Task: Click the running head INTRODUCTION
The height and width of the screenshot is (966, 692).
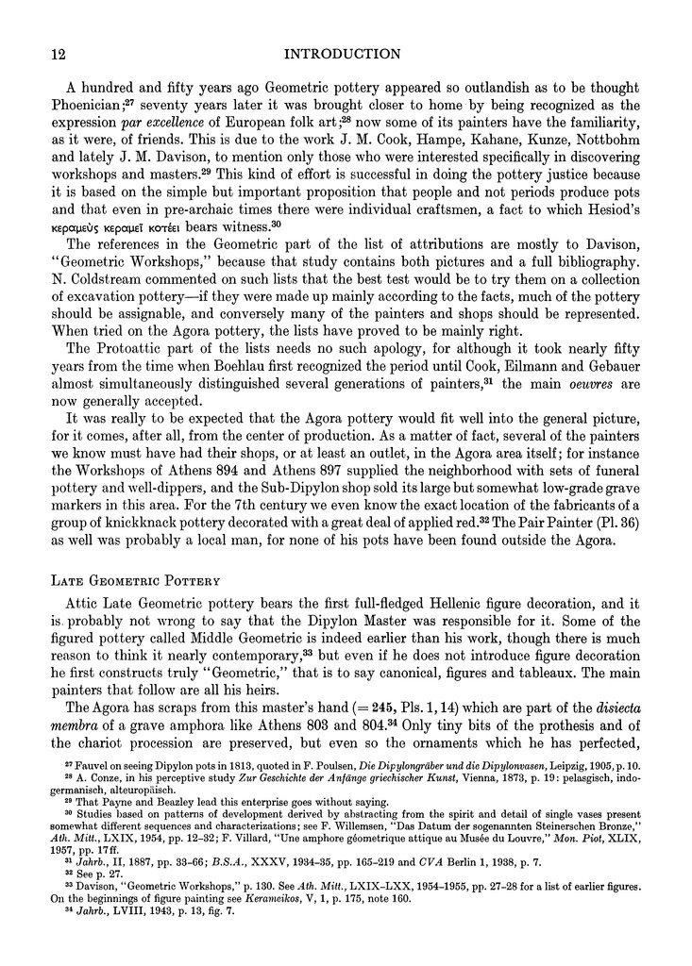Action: (346, 54)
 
